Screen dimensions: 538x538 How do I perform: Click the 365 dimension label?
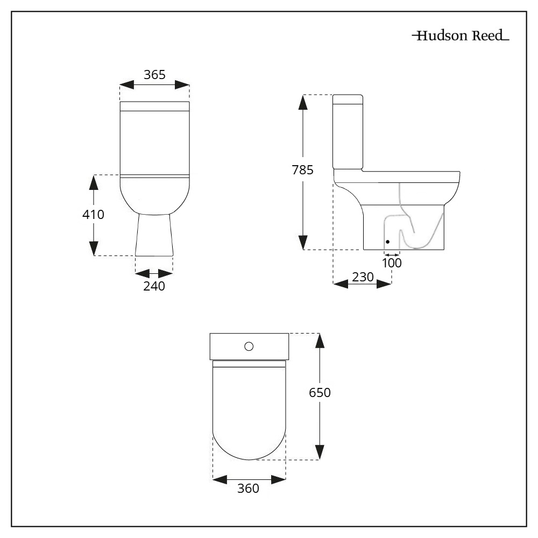click(154, 75)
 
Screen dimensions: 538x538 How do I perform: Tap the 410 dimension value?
click(93, 215)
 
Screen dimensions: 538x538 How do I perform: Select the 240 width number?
click(154, 286)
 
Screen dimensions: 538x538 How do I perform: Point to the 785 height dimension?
click(303, 171)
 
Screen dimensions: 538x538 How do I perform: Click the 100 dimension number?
click(392, 263)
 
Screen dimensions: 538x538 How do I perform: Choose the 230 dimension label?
click(363, 277)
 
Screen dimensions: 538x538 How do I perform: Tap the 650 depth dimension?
click(320, 393)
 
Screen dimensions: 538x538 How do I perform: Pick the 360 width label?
click(249, 489)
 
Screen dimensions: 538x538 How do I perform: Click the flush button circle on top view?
click(249, 346)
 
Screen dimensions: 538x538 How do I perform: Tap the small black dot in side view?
click(387, 242)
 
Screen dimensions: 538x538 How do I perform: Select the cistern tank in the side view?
click(348, 132)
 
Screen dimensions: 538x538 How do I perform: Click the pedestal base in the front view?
click(154, 235)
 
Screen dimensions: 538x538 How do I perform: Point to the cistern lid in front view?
click(154, 105)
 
